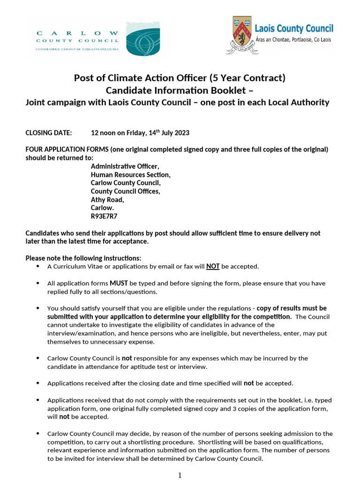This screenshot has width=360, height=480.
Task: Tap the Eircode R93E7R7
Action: (104, 217)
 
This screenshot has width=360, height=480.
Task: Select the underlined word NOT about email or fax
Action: (213, 266)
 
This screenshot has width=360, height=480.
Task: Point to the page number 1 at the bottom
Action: (180, 475)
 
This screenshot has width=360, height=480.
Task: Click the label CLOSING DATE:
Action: (49, 133)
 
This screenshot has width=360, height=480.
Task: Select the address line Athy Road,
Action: (107, 200)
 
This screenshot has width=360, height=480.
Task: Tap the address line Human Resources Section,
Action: (131, 174)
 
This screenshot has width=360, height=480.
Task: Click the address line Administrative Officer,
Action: (125, 166)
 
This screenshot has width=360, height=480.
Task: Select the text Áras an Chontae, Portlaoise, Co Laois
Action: (293, 40)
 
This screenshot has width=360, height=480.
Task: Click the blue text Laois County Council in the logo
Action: (293, 29)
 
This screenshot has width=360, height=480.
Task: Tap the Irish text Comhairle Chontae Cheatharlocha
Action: (77, 49)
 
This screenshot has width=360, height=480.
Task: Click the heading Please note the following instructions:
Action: (83, 258)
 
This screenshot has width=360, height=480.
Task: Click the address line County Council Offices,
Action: (126, 191)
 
